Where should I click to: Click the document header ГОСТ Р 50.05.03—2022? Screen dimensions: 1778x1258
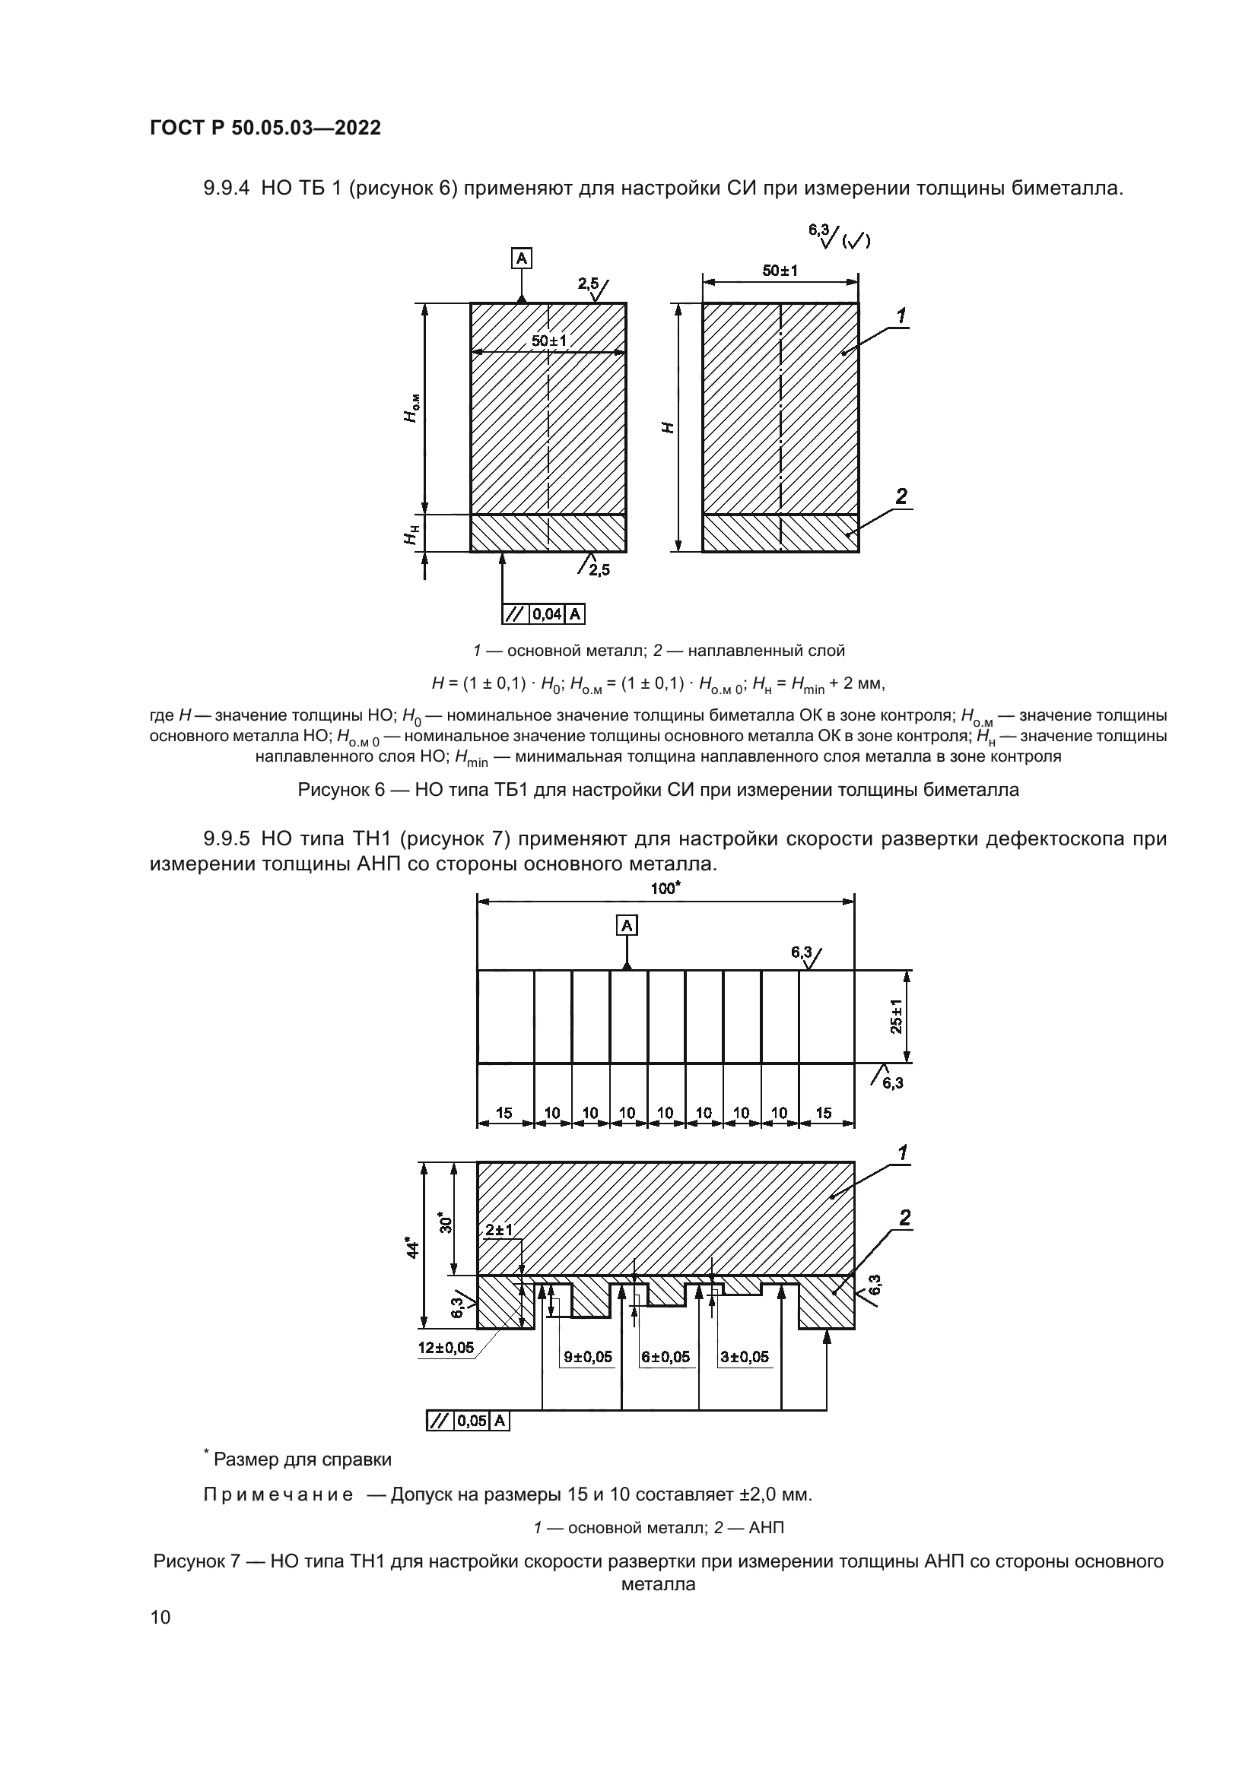[265, 128]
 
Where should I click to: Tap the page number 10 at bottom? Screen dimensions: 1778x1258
[160, 1617]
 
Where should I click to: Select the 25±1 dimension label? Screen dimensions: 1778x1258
[897, 1016]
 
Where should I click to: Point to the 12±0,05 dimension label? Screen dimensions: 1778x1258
[446, 1348]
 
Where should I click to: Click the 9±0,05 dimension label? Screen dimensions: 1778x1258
[587, 1357]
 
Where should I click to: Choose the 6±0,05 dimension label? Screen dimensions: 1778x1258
[666, 1357]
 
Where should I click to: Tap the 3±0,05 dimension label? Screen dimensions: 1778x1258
[745, 1357]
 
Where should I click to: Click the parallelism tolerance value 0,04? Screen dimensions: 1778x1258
[548, 614]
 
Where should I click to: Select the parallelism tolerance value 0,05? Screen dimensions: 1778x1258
[472, 1420]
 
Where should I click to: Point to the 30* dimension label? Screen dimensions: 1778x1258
[446, 1223]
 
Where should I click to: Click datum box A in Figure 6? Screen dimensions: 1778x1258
[521, 258]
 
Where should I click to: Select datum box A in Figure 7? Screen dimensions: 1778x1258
[627, 924]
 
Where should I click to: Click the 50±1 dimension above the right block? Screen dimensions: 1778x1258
[780, 271]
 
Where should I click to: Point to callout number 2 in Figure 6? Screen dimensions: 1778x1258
[901, 496]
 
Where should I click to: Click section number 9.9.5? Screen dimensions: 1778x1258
[226, 838]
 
